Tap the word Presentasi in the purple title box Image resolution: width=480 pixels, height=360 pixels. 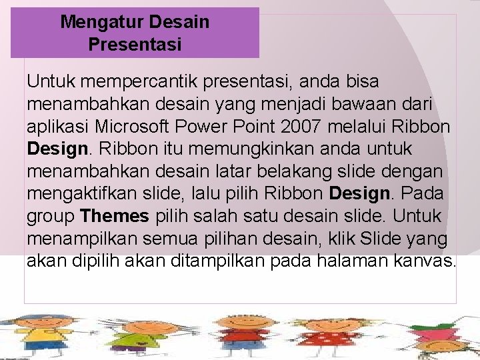[x=135, y=45]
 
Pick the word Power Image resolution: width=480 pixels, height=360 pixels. [x=223, y=127]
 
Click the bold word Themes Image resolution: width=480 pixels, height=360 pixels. [x=114, y=216]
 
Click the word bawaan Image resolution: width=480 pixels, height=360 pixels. [x=357, y=105]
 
